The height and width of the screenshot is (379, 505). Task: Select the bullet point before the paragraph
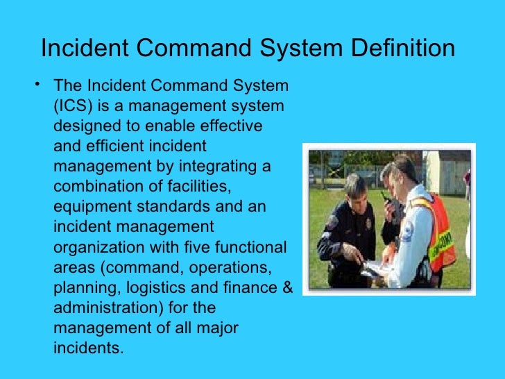[x=38, y=85]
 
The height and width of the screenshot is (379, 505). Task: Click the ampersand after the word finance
[x=289, y=287]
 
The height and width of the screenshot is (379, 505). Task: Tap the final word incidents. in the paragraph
[x=88, y=348]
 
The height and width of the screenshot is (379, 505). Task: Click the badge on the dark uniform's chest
[x=368, y=224]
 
